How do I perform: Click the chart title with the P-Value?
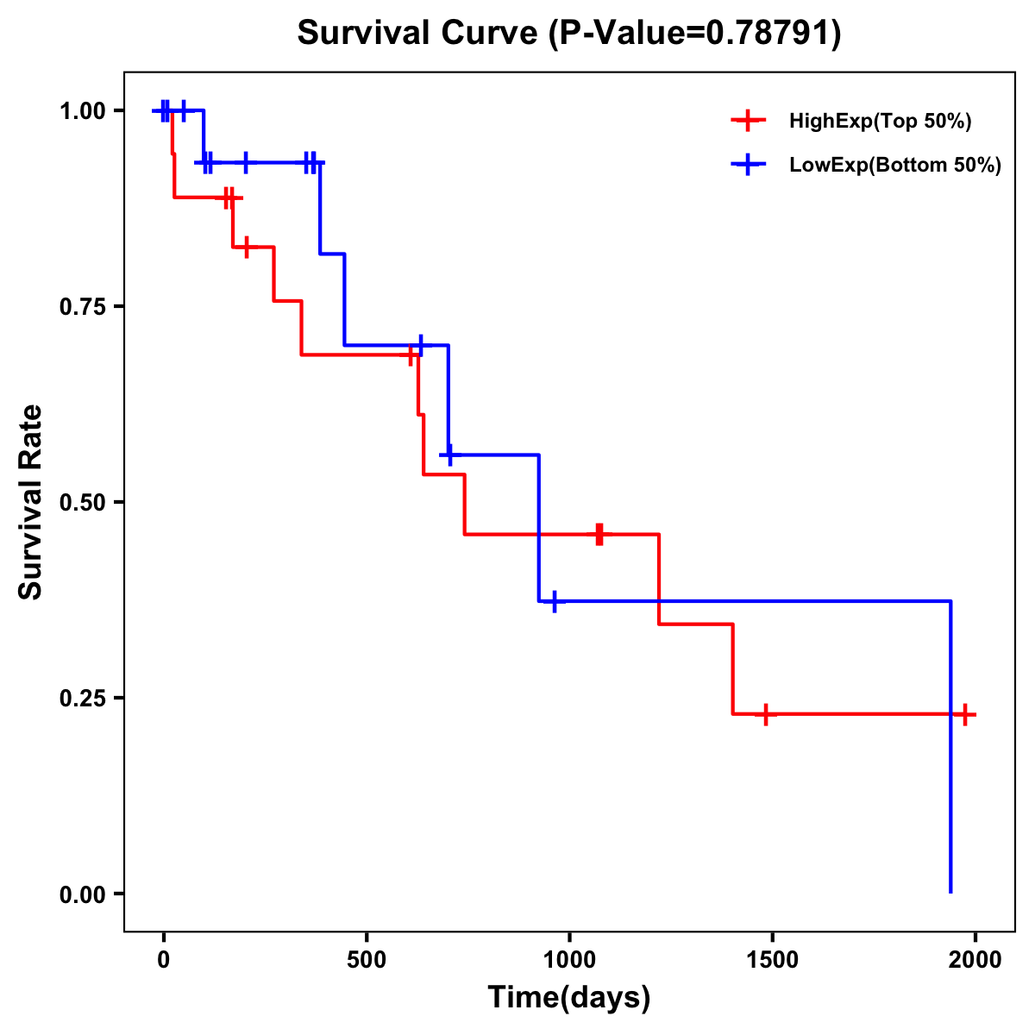click(568, 34)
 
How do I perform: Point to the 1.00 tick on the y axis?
click(83, 111)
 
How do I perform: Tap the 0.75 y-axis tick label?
click(83, 307)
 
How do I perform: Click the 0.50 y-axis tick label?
click(83, 503)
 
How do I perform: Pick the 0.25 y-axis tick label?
click(83, 698)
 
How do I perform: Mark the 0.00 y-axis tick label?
click(83, 894)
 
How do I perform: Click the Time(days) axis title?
click(569, 998)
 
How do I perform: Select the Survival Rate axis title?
click(31, 502)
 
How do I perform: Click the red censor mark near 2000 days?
click(965, 714)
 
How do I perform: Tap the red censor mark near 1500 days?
click(765, 714)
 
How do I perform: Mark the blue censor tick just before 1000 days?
click(554, 601)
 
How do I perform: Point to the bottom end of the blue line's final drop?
click(950, 892)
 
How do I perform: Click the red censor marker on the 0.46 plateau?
click(599, 535)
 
